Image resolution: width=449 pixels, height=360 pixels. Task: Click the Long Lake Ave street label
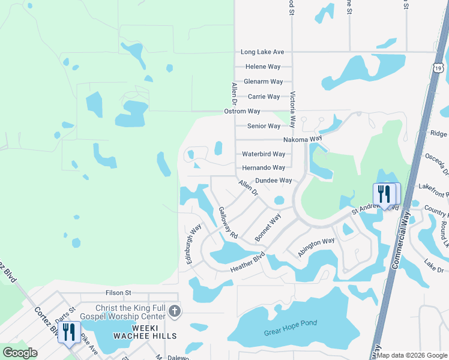pyautogui.click(x=262, y=52)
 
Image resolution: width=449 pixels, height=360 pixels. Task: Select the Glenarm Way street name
pyautogui.click(x=263, y=82)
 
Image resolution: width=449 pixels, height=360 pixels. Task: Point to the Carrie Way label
pyautogui.click(x=264, y=97)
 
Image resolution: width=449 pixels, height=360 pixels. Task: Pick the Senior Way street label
pyautogui.click(x=264, y=126)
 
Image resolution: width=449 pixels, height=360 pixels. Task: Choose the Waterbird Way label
pyautogui.click(x=263, y=154)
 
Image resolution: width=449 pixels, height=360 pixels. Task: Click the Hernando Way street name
pyautogui.click(x=263, y=168)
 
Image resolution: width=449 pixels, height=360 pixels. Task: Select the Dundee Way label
pyautogui.click(x=273, y=181)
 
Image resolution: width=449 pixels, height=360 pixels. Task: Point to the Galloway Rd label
pyautogui.click(x=228, y=223)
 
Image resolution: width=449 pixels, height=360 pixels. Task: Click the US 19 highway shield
pyautogui.click(x=439, y=68)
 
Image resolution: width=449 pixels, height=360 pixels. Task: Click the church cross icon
pyautogui.click(x=174, y=311)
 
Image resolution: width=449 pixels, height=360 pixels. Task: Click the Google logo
pyautogui.click(x=20, y=353)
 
